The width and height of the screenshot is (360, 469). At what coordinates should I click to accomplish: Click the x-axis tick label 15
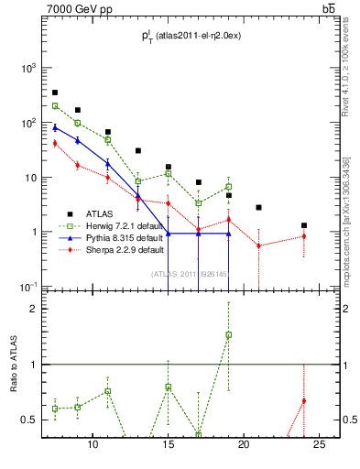click(168, 445)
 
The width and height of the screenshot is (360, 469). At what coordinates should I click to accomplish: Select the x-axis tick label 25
click(319, 445)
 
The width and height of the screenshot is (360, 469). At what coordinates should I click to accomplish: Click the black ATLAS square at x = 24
click(304, 225)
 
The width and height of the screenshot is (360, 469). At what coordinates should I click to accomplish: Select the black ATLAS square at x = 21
click(259, 207)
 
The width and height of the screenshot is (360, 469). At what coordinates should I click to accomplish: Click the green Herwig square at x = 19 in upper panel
click(229, 187)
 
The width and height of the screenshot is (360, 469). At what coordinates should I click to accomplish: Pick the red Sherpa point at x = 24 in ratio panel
click(304, 400)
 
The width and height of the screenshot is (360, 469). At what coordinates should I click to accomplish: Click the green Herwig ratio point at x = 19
click(229, 334)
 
